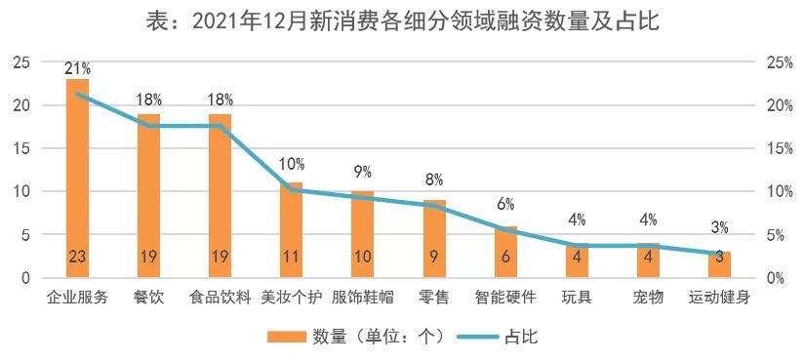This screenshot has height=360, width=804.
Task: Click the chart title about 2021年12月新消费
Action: (402, 20)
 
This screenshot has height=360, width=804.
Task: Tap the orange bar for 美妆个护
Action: (292, 230)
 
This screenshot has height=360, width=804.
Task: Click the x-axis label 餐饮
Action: (149, 297)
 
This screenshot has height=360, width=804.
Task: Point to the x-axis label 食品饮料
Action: (221, 297)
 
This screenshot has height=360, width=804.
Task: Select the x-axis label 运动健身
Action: (719, 297)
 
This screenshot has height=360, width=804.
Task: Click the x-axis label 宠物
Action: (648, 297)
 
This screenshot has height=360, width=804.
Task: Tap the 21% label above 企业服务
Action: (77, 68)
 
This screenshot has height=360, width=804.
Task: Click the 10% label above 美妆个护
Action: (292, 164)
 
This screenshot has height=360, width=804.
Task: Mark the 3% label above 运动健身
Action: (720, 227)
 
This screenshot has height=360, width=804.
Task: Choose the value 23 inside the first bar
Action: (77, 258)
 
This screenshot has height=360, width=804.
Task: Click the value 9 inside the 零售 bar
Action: (434, 258)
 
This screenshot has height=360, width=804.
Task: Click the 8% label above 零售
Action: (434, 180)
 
